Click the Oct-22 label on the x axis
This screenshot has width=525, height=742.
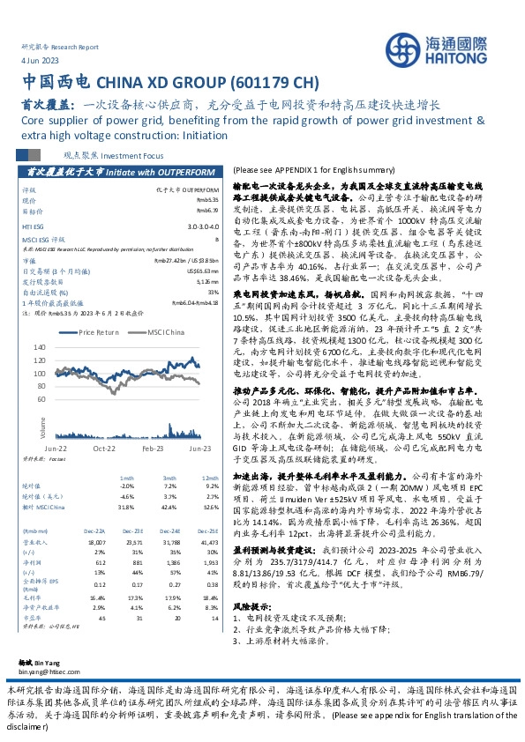(104, 449)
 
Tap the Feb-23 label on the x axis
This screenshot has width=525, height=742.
(154, 449)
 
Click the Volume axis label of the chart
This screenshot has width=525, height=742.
(41, 427)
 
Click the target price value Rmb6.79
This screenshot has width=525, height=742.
(207, 211)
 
